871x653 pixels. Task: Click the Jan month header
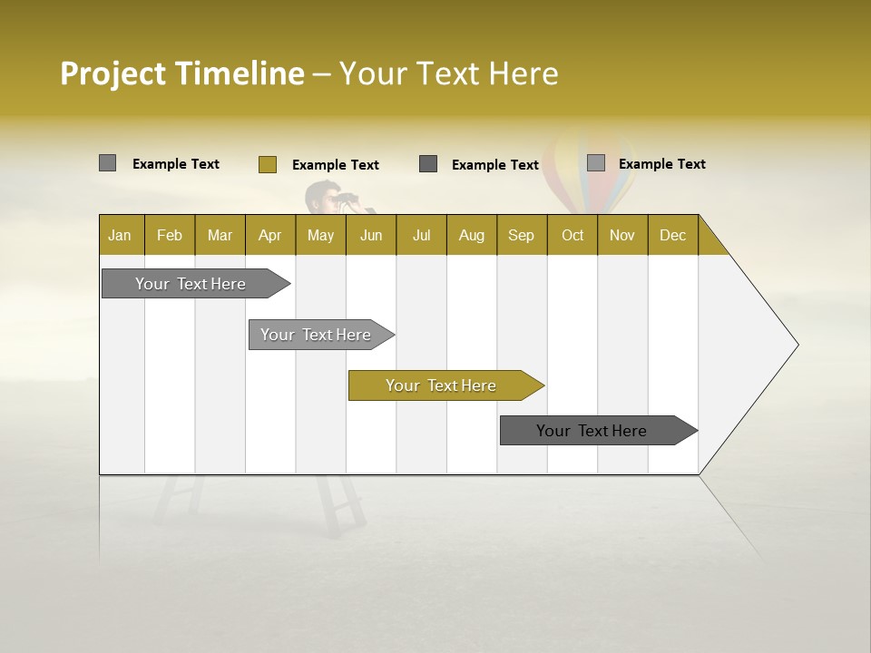tap(121, 235)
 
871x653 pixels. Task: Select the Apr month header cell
tap(270, 235)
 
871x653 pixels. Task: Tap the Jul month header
tap(421, 235)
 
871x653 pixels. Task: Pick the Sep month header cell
tap(522, 235)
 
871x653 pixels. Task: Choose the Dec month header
tap(672, 235)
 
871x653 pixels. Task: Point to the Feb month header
tap(170, 235)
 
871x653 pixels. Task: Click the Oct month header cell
tap(572, 235)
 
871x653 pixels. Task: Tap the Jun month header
tap(371, 235)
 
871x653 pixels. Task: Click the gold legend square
tap(267, 164)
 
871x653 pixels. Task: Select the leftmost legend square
tap(107, 163)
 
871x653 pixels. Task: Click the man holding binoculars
tap(328, 199)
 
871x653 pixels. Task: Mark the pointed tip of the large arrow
tap(796, 345)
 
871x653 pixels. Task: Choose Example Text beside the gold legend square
tap(335, 165)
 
